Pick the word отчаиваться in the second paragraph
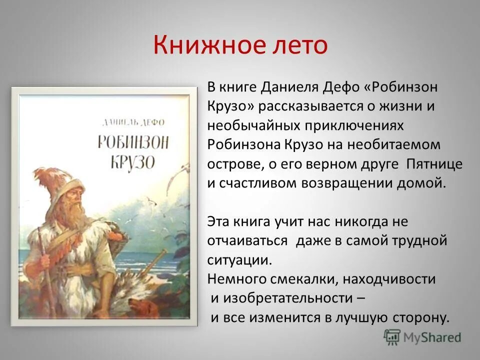pos(247,241)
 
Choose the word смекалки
pos(295,279)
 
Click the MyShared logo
pos(422,337)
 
